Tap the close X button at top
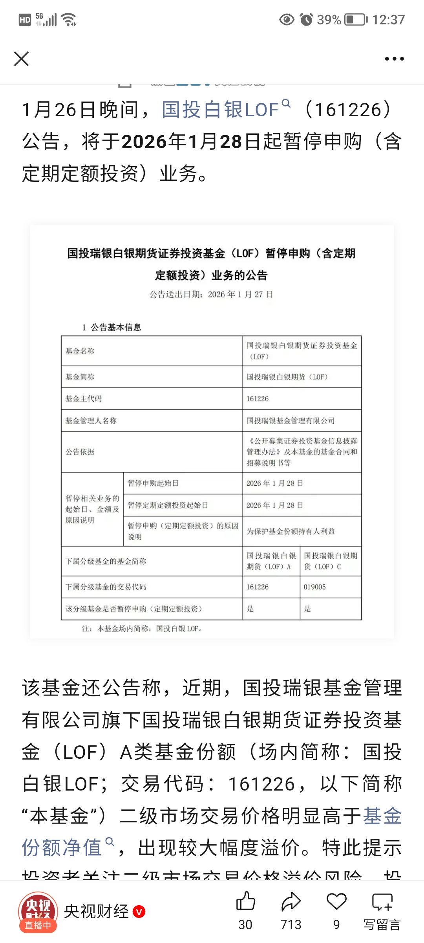22,59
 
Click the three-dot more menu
394,59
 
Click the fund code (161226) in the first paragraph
348,110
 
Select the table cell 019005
314,587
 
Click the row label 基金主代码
84,399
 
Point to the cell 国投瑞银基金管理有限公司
291,421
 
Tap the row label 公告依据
80,452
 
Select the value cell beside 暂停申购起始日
275,483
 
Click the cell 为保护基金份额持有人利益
291,531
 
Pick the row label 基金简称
80,377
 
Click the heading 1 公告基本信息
111,327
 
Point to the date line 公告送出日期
211,294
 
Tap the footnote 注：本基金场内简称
142,629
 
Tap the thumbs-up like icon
246,901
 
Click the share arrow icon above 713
291,901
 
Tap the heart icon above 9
336,901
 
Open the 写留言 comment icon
382,902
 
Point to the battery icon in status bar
356,20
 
